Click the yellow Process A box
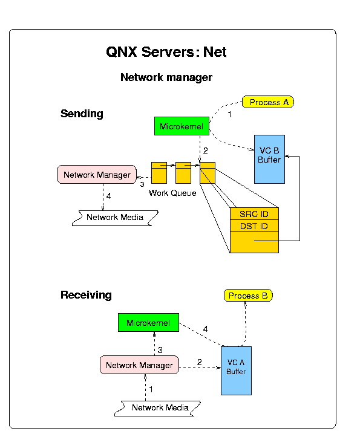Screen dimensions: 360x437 coord(267,102)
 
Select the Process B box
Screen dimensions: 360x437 coord(248,296)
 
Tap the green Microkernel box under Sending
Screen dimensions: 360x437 coord(182,126)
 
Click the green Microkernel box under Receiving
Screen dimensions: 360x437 coord(148,322)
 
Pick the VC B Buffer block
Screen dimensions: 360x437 coord(269,159)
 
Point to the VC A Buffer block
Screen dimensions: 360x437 coord(236,371)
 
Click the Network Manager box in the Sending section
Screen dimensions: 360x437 coord(97,175)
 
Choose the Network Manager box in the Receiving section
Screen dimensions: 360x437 coord(139,365)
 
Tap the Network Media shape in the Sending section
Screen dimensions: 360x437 coord(115,218)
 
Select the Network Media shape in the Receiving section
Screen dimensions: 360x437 coord(158,409)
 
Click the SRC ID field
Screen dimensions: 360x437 coord(254,214)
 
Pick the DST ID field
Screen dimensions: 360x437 coord(254,226)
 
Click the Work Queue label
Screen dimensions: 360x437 coord(172,193)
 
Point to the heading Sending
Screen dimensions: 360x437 coord(82,114)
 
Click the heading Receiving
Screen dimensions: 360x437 coord(86,295)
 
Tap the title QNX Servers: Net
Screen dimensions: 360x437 coord(166,52)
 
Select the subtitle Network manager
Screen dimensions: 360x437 coord(166,77)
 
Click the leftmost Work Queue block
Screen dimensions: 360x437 coord(159,173)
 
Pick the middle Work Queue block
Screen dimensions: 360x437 coord(183,173)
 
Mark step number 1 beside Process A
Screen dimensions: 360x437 coord(229,114)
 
